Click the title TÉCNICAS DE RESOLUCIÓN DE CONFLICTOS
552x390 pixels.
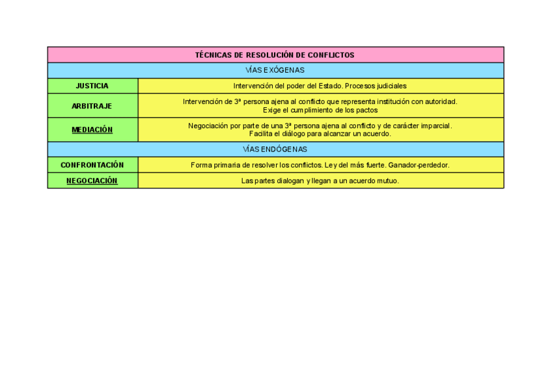coord(275,55)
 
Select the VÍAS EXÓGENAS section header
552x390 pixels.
coord(275,70)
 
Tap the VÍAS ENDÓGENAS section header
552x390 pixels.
coord(275,149)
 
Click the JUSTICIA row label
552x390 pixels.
coord(92,86)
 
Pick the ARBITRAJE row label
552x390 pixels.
coord(92,106)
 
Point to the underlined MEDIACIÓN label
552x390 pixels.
coord(92,130)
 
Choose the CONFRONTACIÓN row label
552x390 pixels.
coord(92,165)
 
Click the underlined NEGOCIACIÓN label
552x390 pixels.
coord(92,181)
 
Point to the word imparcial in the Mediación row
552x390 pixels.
coord(435,125)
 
